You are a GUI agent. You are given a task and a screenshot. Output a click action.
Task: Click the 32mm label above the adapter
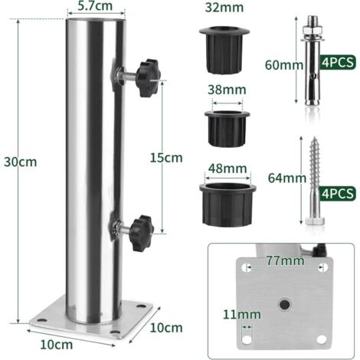(x=226, y=9)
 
